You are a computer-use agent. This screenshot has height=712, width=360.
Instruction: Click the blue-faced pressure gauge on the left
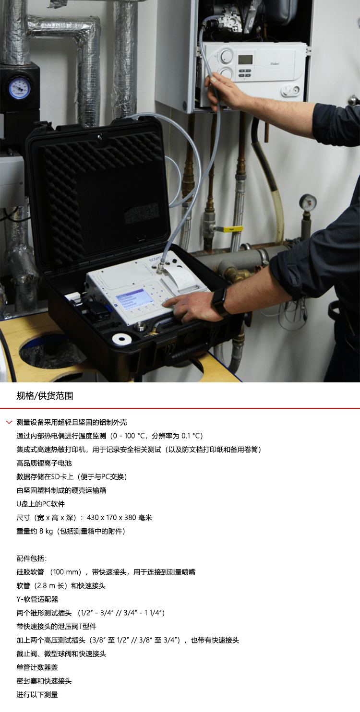(19, 87)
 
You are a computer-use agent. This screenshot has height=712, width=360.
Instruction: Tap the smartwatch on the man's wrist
(219, 301)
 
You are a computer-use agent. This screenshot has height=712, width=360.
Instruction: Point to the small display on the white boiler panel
(245, 59)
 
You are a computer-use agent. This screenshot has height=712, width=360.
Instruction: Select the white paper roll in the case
(122, 340)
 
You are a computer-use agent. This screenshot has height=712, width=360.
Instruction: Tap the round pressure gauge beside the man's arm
(308, 202)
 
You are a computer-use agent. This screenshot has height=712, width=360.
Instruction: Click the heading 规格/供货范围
(45, 396)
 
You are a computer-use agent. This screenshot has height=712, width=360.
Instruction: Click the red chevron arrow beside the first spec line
(9, 422)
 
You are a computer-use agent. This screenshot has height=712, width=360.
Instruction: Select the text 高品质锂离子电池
(44, 463)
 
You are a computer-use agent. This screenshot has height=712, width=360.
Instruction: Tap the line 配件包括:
(32, 558)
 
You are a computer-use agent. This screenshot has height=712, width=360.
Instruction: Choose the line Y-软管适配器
(37, 599)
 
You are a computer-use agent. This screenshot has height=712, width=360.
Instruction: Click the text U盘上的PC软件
(41, 504)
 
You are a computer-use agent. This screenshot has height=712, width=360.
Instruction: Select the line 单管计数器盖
(37, 667)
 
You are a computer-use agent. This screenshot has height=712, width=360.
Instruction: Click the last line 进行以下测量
(37, 695)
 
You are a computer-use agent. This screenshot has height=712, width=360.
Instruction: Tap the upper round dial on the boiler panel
(226, 56)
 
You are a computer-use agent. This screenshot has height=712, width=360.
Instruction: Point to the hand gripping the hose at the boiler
(224, 91)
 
